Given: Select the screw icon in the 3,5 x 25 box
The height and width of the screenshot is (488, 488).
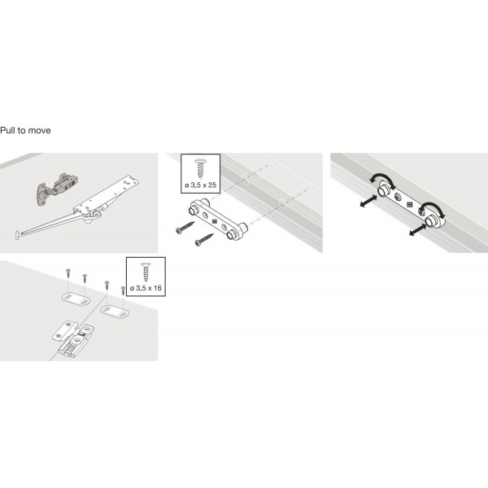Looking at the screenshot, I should [200, 168].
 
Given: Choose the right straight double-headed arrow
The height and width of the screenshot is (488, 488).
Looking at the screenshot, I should [416, 230].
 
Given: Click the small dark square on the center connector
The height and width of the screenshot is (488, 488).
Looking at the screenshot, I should [214, 220].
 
